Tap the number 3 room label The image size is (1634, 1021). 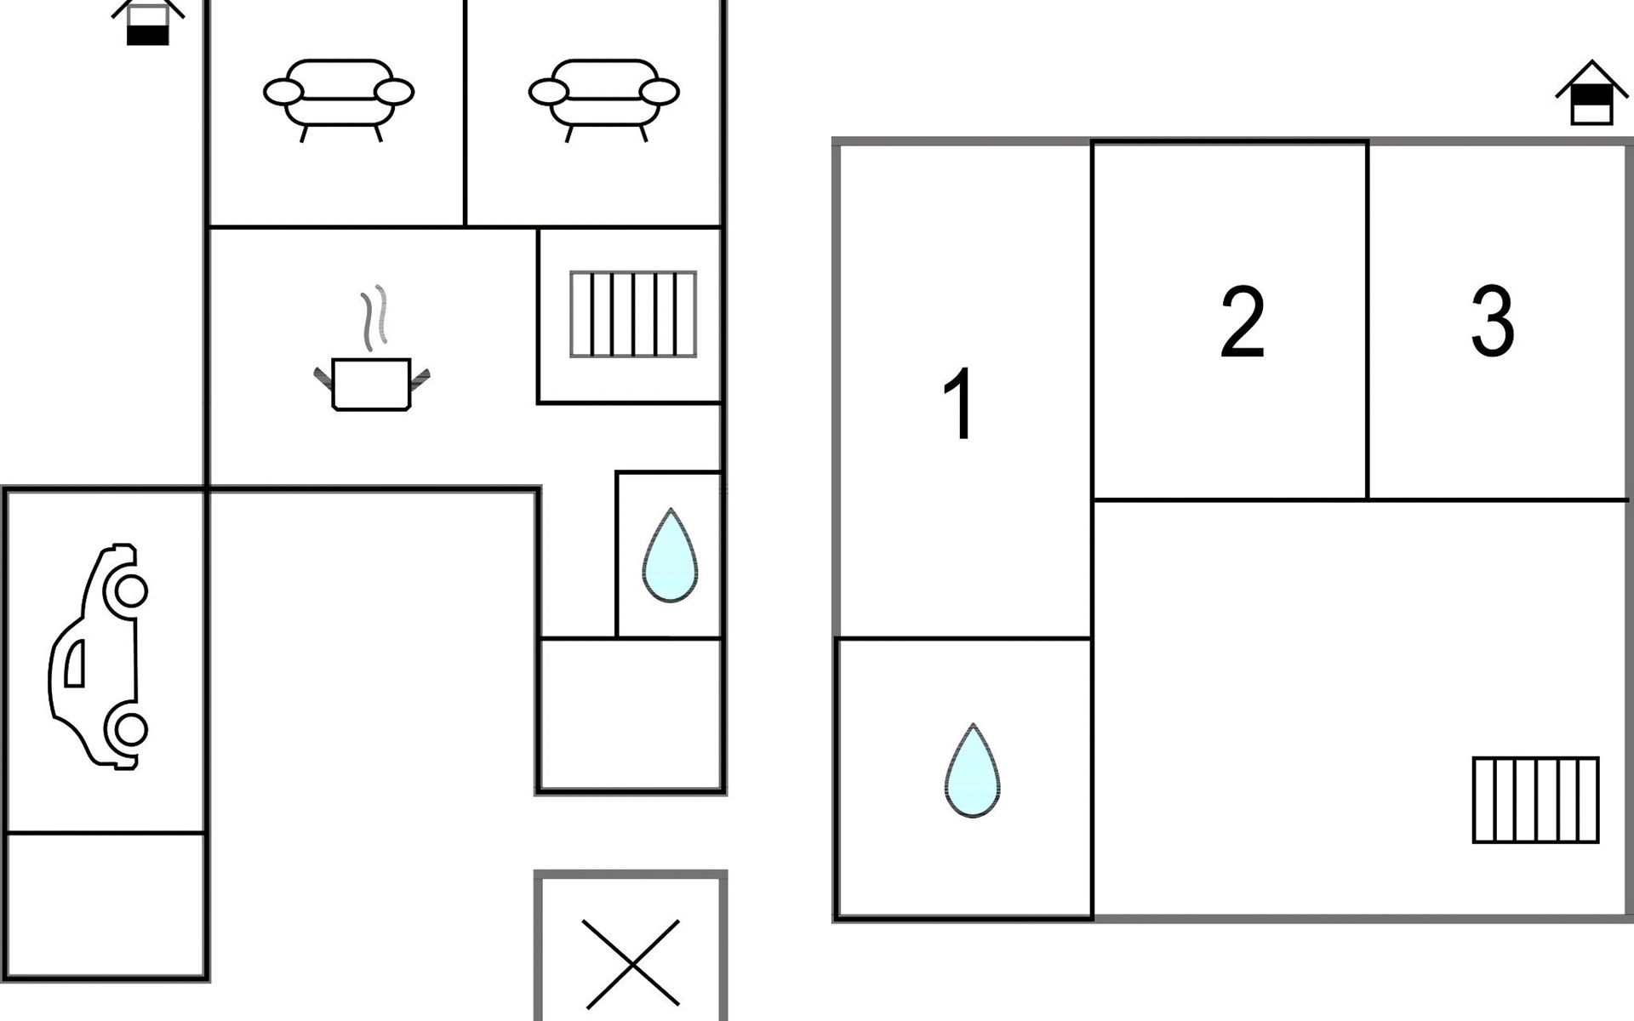(x=1493, y=321)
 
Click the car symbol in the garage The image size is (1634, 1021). (x=98, y=657)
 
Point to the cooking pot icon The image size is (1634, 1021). (x=372, y=384)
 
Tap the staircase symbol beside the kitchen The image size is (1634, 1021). (x=633, y=314)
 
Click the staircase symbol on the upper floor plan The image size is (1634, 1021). (x=1535, y=800)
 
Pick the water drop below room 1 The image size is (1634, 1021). (x=972, y=773)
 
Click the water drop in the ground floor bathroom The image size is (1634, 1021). (x=670, y=557)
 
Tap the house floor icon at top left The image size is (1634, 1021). (x=147, y=21)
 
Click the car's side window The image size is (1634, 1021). (x=75, y=663)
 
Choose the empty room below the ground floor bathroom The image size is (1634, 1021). (x=631, y=714)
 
